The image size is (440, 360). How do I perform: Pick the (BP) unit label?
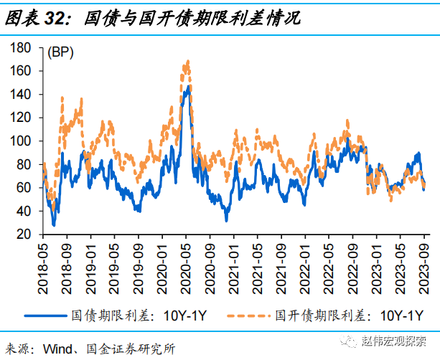pos(60,52)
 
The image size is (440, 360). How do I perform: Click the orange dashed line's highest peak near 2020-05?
pos(187,62)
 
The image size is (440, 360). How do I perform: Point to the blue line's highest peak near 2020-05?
pos(188,87)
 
